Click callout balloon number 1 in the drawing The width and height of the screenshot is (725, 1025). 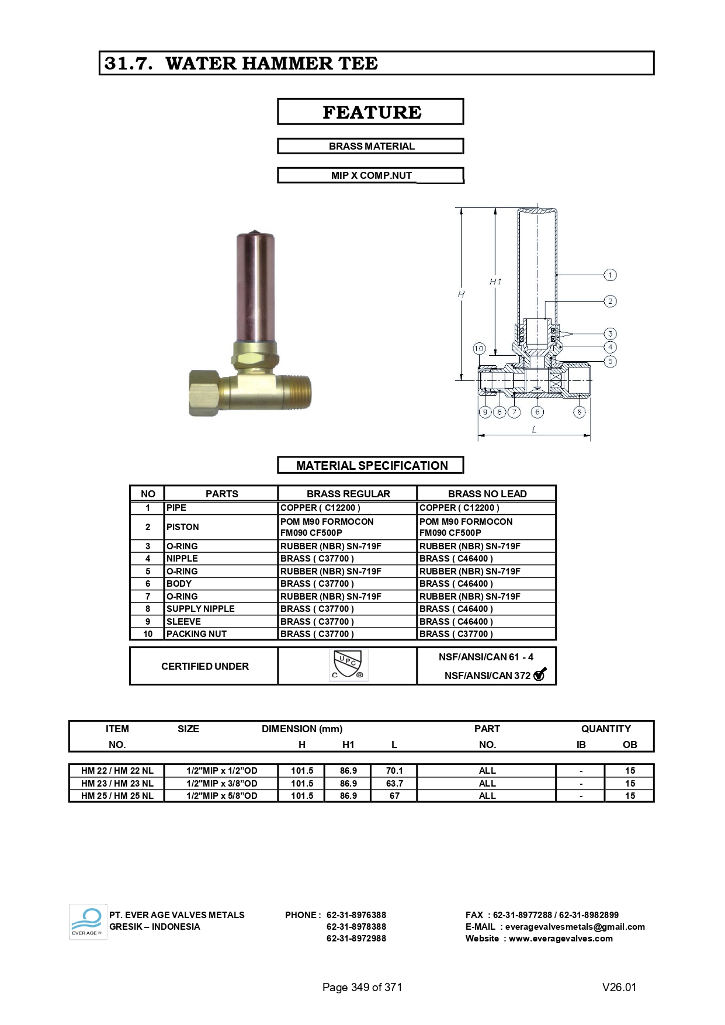(610, 275)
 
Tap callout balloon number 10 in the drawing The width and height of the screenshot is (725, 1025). (479, 349)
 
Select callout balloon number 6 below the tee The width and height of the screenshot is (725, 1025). (537, 412)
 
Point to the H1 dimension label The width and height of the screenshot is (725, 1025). (495, 282)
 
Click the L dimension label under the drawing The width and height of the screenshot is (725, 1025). (534, 430)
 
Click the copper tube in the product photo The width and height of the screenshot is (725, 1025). (255, 286)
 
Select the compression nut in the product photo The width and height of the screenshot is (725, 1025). (204, 392)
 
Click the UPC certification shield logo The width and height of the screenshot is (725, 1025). (348, 665)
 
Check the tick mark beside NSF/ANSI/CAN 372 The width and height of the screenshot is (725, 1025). (540, 674)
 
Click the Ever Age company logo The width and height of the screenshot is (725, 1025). (88, 922)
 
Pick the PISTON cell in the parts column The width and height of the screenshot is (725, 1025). (183, 527)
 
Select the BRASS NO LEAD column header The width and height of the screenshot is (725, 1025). (487, 494)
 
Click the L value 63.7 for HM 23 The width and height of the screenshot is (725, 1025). (394, 783)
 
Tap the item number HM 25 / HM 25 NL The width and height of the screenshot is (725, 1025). (117, 796)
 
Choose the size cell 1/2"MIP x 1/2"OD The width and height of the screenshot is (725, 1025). (221, 771)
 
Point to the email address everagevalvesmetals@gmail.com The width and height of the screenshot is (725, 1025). (575, 927)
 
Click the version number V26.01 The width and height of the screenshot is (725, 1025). (619, 987)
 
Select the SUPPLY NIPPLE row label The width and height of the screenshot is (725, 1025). (200, 608)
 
